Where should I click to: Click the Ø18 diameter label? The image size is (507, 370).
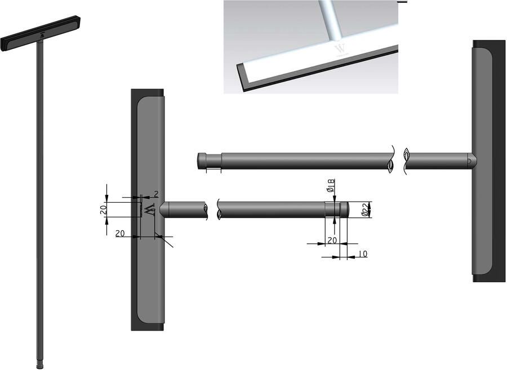331,185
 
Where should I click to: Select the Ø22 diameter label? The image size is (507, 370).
364,209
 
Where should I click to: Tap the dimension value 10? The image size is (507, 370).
363,254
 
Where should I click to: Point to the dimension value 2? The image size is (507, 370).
156,194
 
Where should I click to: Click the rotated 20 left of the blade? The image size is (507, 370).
103,211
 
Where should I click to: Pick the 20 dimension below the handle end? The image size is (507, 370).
332,240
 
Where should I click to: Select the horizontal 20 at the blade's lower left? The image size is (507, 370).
120,233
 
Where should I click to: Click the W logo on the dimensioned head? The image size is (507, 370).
150,210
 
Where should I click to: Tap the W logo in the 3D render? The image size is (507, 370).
340,49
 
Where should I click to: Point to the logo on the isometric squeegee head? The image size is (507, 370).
42,35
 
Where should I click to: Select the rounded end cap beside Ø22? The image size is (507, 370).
344,209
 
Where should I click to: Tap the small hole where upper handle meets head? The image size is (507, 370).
469,161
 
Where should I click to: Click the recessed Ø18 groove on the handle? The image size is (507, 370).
332,209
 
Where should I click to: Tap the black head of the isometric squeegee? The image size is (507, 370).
41,33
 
